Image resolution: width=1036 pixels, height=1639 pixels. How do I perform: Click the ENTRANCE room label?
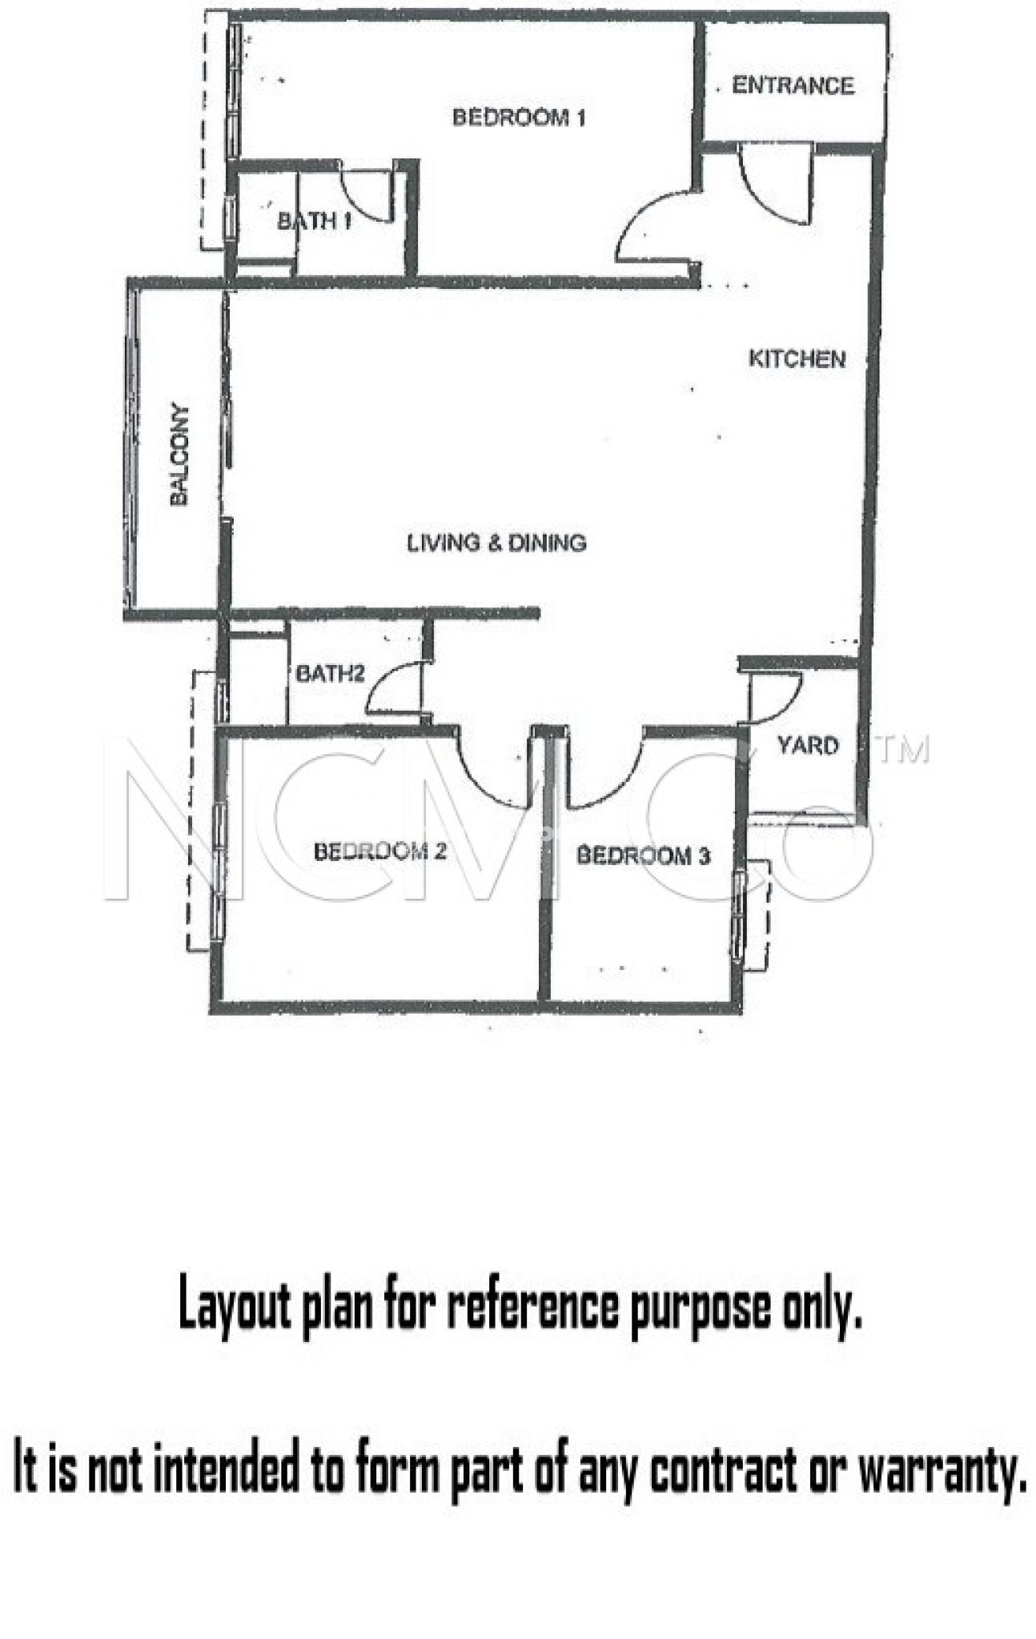[x=793, y=86]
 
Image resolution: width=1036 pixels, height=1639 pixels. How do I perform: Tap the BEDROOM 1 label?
[x=519, y=118]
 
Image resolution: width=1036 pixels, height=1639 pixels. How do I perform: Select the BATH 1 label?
[x=314, y=221]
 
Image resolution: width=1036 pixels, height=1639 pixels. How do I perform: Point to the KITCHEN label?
[x=797, y=359]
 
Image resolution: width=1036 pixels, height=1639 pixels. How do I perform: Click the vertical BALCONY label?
[x=180, y=455]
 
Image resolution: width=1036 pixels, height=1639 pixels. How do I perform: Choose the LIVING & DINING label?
[x=496, y=543]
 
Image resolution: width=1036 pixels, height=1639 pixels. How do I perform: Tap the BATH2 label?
[x=330, y=673]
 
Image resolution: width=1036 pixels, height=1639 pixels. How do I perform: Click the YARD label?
[x=807, y=745]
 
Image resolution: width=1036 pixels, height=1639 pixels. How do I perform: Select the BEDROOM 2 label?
[x=379, y=851]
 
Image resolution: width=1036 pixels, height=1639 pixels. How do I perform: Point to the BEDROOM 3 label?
[x=643, y=856]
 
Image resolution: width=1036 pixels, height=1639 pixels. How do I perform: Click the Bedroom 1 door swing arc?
[x=649, y=228]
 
